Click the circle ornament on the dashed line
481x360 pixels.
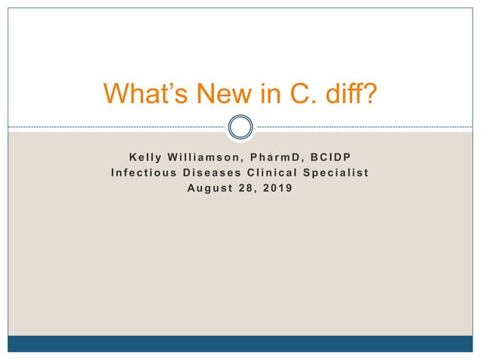click(240, 127)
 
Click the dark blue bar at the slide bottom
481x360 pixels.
click(240, 343)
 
